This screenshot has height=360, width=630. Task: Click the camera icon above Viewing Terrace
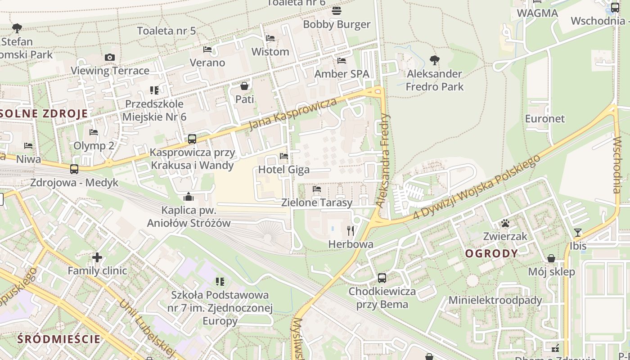coord(109,57)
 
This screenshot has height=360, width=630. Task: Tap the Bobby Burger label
coord(337,24)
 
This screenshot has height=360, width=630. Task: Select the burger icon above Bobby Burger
coord(337,10)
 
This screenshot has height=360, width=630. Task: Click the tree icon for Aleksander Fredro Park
coord(434,60)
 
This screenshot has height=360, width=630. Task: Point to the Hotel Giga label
coord(284,170)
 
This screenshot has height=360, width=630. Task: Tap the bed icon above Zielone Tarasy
coord(317,189)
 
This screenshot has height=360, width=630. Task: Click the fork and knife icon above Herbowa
coord(351,231)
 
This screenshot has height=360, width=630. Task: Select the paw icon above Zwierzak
coord(505,223)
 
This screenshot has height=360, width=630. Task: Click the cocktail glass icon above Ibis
coord(578,232)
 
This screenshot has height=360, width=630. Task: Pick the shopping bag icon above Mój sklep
coord(551,258)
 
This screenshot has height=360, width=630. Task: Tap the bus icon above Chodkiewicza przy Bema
coord(382,278)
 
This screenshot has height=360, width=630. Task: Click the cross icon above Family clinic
coord(97,257)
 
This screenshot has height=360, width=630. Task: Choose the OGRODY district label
coord(491,253)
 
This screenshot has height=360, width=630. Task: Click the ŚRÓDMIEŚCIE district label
coord(58,339)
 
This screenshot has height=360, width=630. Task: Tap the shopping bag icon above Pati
coord(244,85)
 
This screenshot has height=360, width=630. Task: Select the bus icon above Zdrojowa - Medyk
coord(74,169)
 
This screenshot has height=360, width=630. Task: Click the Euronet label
coord(544,119)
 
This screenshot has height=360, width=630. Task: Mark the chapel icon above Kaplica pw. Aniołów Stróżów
coord(189,197)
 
